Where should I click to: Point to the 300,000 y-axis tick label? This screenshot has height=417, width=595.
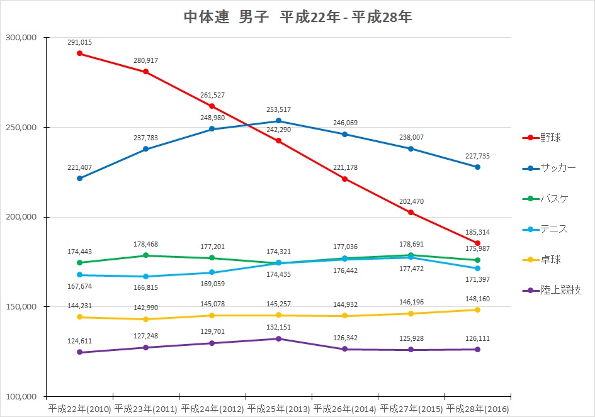(x=21, y=38)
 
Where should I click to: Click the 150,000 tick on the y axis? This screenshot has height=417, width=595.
(x=21, y=307)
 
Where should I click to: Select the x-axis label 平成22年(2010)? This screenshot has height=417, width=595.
(x=79, y=409)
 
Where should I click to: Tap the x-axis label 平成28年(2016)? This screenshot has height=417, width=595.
(x=477, y=409)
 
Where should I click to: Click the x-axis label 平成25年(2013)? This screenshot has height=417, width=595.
(x=278, y=409)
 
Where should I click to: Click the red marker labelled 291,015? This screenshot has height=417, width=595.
(x=79, y=53)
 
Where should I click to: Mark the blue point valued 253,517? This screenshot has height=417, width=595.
(x=278, y=121)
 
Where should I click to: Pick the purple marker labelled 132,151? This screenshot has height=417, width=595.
(x=278, y=338)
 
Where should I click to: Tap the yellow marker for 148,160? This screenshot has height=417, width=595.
(x=477, y=309)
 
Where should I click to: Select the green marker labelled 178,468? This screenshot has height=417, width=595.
(x=146, y=255)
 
